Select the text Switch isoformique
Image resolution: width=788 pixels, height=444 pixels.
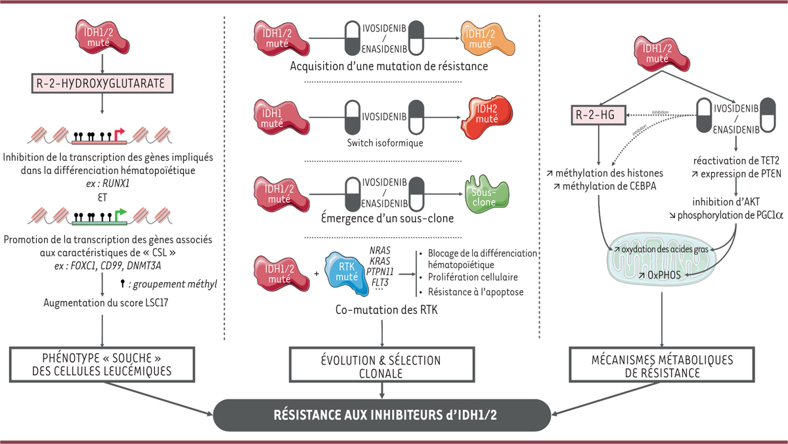click(382, 142)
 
